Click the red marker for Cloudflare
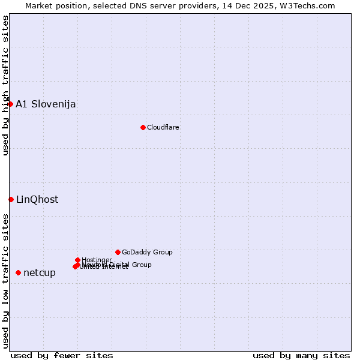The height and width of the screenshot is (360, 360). coord(143,127)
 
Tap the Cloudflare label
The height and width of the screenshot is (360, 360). coord(163,127)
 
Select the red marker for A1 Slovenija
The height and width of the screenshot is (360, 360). coord(10,104)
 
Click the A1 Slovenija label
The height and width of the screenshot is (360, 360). coord(46,104)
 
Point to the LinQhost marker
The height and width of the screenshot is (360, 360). coord(11,199)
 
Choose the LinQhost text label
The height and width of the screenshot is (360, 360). coord(37,200)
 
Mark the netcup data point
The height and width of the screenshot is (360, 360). coord(18,272)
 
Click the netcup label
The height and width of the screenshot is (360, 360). coord(40,273)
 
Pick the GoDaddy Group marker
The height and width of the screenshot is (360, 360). coord(118,252)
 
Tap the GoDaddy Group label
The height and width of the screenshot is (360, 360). coord(147,252)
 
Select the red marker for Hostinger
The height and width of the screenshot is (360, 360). coord(77,260)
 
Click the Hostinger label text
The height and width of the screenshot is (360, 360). coord(97,260)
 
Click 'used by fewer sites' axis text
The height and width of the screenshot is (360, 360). coord(62,355)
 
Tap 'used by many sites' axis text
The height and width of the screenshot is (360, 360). coord(301,355)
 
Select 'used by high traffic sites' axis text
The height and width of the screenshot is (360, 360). coord(5,85)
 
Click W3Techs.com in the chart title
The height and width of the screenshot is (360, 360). coord(310,5)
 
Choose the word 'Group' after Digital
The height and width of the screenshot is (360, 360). coord(141,265)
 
